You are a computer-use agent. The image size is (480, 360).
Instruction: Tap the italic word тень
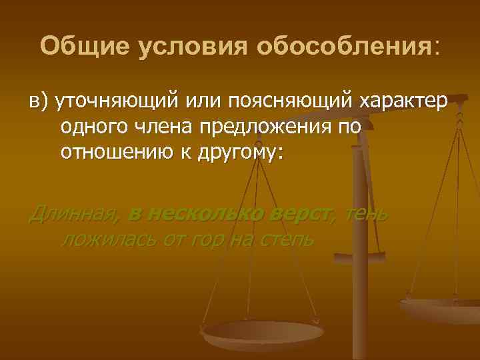tap(369, 214)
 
